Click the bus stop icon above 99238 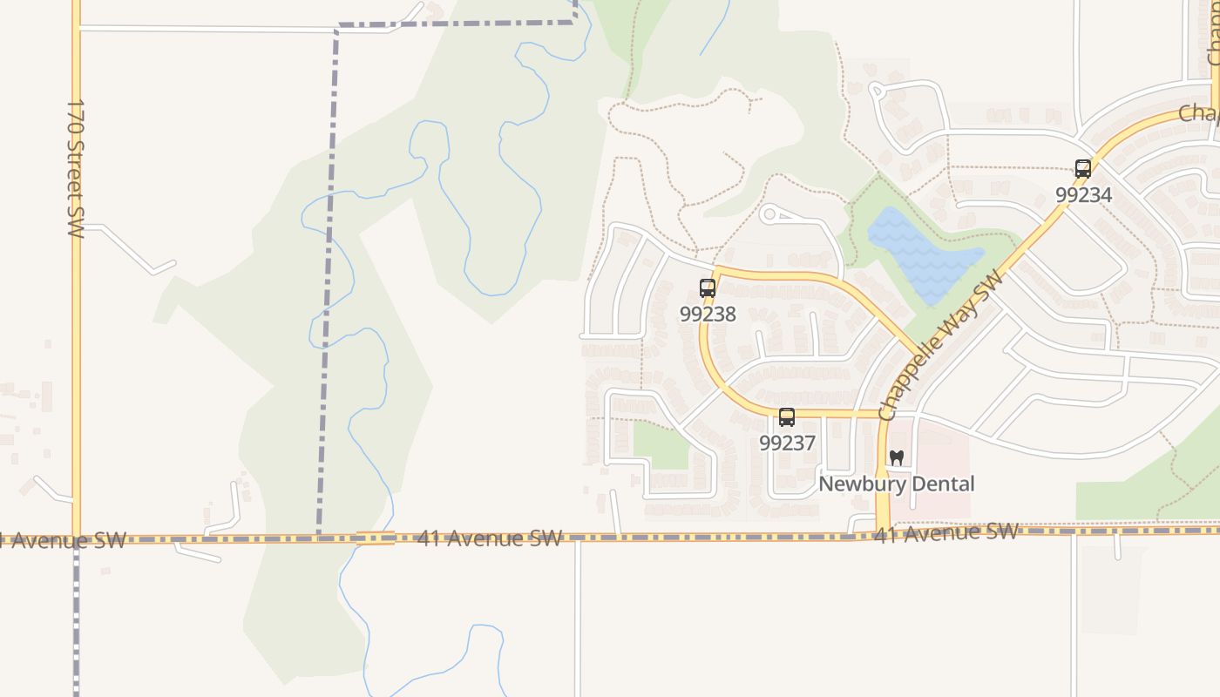(708, 288)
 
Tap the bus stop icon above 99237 (787, 416)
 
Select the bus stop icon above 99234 (1083, 169)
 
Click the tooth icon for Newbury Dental (896, 457)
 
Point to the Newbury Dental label (897, 484)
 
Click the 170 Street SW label (76, 167)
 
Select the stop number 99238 (708, 314)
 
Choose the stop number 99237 (787, 443)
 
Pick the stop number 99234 (1083, 194)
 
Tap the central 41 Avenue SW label (490, 538)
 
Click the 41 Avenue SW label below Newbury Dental (945, 532)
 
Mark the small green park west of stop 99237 (661, 445)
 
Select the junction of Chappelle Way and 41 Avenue (883, 531)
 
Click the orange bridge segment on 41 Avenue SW (376, 538)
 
